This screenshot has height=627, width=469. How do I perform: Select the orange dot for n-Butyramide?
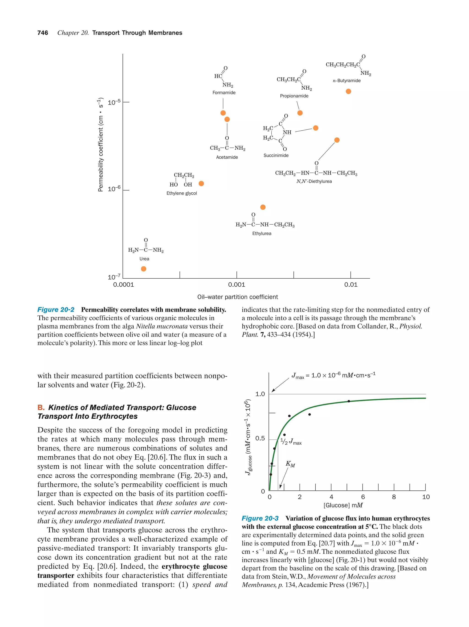(348, 91)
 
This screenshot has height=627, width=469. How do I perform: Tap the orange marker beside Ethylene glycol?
(201, 183)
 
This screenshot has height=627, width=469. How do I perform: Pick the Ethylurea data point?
(263, 207)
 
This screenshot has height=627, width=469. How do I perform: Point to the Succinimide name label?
(276, 155)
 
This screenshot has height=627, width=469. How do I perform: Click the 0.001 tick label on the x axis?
(236, 285)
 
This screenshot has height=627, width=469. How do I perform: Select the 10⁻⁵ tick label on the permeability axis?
(114, 102)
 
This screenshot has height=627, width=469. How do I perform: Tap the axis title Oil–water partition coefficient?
(237, 297)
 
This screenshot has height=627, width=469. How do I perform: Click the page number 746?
(43, 33)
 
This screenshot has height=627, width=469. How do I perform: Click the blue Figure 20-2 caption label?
(56, 309)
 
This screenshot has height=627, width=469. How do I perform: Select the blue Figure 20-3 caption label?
(260, 518)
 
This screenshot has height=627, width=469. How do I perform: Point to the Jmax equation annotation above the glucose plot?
(333, 376)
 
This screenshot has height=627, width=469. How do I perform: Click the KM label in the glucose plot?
(290, 464)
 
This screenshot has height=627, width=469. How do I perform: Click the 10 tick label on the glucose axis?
(425, 497)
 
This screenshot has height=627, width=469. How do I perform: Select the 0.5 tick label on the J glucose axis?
(260, 439)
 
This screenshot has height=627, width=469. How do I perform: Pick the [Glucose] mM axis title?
(343, 505)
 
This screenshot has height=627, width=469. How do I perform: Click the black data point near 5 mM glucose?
(349, 401)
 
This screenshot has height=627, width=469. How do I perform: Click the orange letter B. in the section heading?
(41, 408)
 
